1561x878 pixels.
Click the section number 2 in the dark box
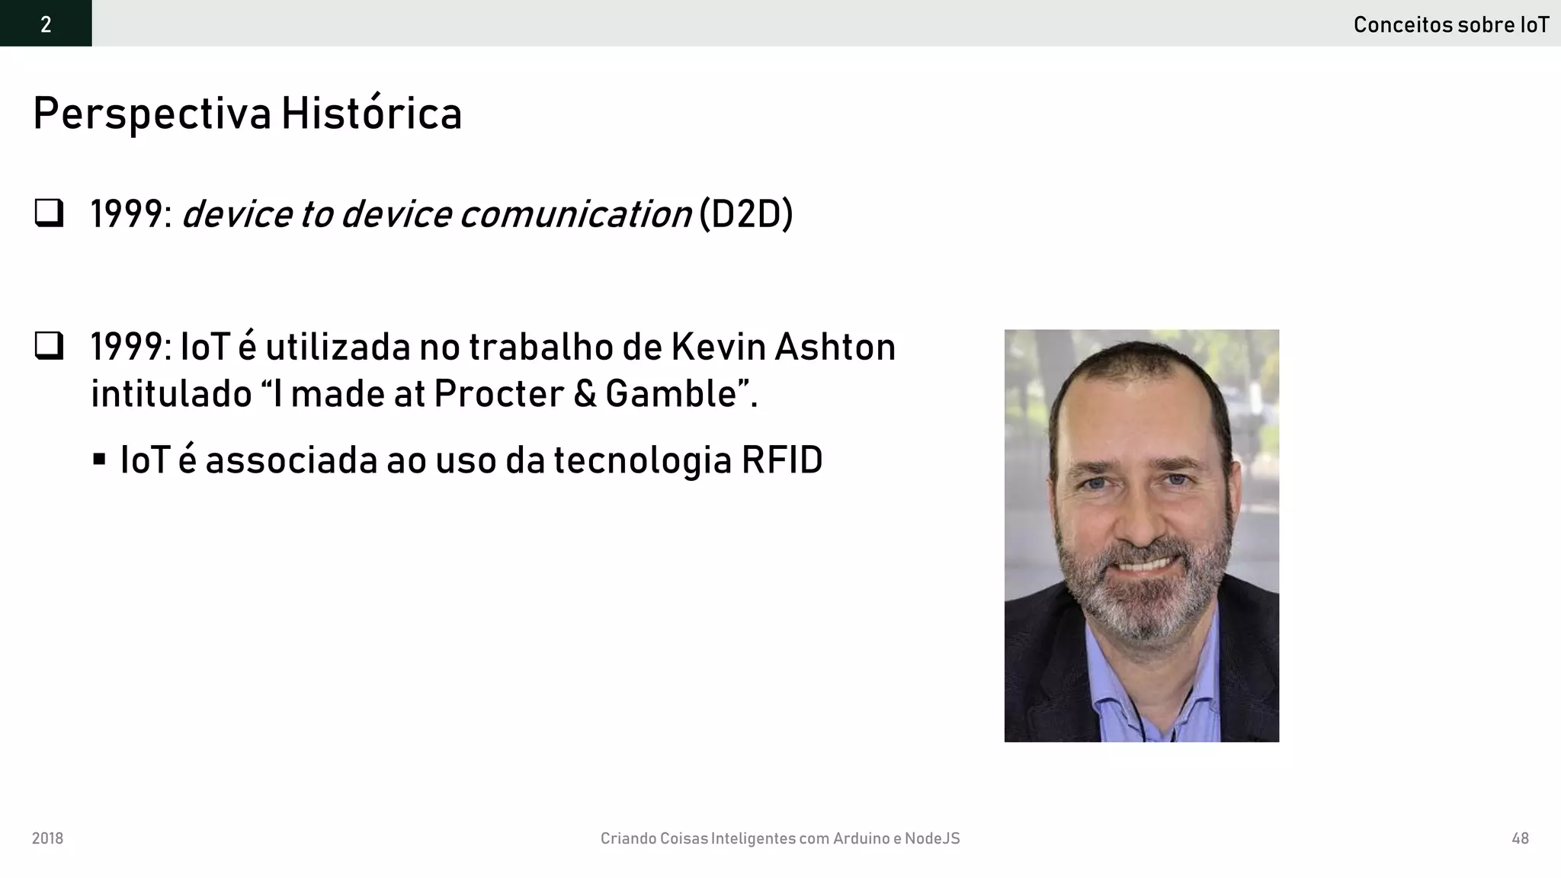click(x=46, y=24)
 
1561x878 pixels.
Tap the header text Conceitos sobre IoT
click(x=1450, y=25)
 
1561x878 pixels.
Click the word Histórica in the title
click(x=371, y=114)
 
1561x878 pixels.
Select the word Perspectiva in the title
click(x=152, y=114)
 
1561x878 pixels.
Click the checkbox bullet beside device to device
click(x=49, y=213)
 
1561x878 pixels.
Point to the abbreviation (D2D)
click(x=745, y=213)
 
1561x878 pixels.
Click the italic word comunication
click(x=575, y=213)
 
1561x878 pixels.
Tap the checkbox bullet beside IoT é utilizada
click(x=49, y=346)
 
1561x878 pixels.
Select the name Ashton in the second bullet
click(x=835, y=347)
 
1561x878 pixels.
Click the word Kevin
click(x=718, y=347)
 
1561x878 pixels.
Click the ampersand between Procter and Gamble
click(x=585, y=394)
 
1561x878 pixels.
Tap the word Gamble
click(x=672, y=394)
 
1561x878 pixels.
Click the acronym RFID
click(x=782, y=460)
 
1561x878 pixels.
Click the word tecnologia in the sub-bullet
click(x=643, y=460)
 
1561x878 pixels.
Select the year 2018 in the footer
click(x=47, y=838)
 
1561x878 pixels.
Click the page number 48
click(x=1520, y=838)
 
